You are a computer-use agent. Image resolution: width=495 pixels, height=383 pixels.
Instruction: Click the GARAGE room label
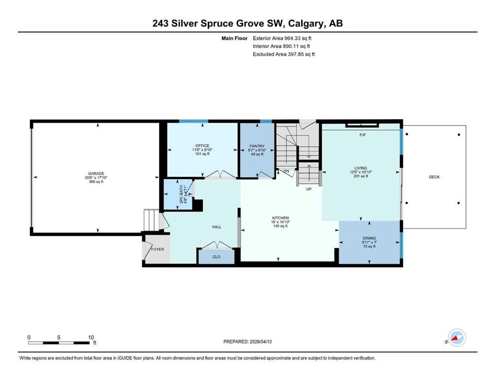tap(96, 174)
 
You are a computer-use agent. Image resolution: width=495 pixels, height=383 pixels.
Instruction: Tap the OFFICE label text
tap(202, 146)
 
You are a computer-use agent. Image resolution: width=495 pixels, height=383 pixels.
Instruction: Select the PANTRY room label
tap(257, 146)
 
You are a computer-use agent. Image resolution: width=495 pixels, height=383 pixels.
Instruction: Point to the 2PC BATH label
tap(181, 194)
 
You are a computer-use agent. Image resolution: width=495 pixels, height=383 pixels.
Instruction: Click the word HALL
tap(216, 227)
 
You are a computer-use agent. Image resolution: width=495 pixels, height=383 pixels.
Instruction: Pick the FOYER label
tap(158, 249)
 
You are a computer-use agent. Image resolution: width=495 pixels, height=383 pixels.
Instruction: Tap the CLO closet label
tap(216, 257)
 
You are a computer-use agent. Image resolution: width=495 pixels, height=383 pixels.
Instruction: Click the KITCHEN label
tap(280, 218)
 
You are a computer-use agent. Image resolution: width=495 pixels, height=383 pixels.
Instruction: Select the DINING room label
tap(369, 238)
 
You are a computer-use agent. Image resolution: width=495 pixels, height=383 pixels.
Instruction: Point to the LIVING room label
tap(360, 168)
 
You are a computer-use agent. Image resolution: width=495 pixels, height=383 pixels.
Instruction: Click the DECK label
tap(434, 177)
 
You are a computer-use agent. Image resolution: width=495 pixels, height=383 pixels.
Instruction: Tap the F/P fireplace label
tap(362, 135)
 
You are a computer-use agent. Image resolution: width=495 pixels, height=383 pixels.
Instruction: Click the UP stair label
tap(309, 189)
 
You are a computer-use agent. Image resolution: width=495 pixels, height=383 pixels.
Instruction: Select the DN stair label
tap(286, 171)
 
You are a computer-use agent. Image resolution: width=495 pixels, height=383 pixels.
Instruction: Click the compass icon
tap(457, 338)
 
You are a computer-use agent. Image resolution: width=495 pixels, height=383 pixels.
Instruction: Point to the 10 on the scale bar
tap(91, 337)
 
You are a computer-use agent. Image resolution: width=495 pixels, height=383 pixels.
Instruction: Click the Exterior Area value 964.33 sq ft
tap(298, 38)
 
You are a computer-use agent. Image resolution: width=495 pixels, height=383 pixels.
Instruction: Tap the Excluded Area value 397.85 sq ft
tap(301, 54)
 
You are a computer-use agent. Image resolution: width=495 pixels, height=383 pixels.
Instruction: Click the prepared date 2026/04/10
tap(261, 342)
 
